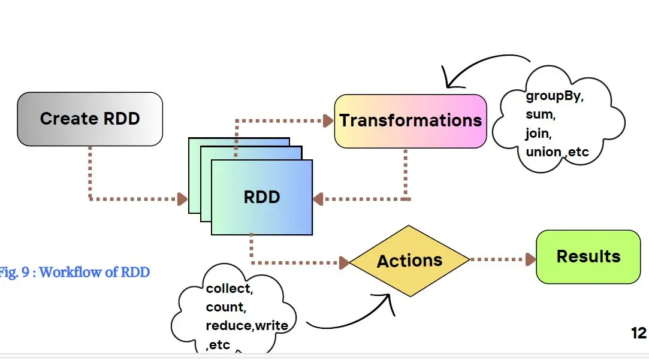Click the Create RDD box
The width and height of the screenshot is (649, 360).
pos(90,119)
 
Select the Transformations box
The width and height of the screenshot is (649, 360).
pos(410,121)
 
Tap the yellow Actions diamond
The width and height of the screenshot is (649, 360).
pos(410,261)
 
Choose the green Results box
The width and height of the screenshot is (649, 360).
pos(588,256)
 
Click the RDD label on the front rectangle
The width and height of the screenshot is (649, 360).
pos(262,197)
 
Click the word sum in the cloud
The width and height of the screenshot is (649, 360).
pos(541,114)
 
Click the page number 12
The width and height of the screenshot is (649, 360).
pos(639,333)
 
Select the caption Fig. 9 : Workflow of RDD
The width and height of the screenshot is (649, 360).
pos(74,273)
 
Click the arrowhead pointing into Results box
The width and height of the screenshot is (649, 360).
pos(530,259)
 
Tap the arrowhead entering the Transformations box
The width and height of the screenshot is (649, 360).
pos(328,121)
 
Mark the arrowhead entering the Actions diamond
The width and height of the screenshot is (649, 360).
pos(344,263)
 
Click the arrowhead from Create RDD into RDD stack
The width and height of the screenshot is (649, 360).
pos(183,199)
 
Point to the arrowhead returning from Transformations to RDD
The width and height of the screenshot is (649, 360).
pos(318,199)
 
